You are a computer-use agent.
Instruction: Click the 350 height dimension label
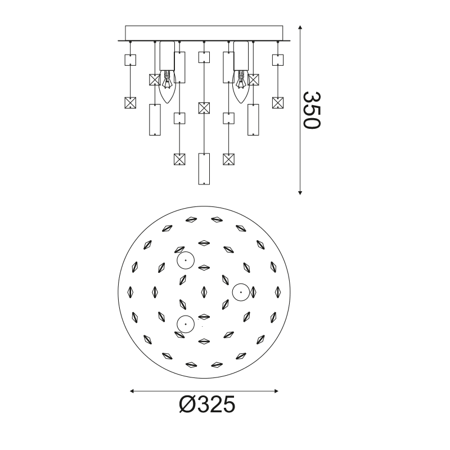(x=311, y=110)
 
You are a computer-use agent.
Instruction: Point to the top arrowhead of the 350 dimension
(x=300, y=28)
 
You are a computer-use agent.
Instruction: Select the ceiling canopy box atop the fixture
(x=204, y=33)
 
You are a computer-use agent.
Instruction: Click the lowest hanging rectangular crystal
(x=204, y=169)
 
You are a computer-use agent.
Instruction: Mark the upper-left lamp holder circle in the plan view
(x=185, y=261)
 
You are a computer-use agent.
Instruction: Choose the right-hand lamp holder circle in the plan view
(x=240, y=291)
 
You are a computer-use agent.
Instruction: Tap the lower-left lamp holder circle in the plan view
(x=185, y=324)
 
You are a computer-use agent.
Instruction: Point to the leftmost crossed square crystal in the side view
(x=130, y=103)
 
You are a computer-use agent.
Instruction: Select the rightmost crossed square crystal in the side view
(x=277, y=102)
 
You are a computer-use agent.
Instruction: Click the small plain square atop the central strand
(x=204, y=57)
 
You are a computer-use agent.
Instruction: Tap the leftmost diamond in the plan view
(x=130, y=292)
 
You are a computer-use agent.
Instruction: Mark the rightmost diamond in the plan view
(x=277, y=291)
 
